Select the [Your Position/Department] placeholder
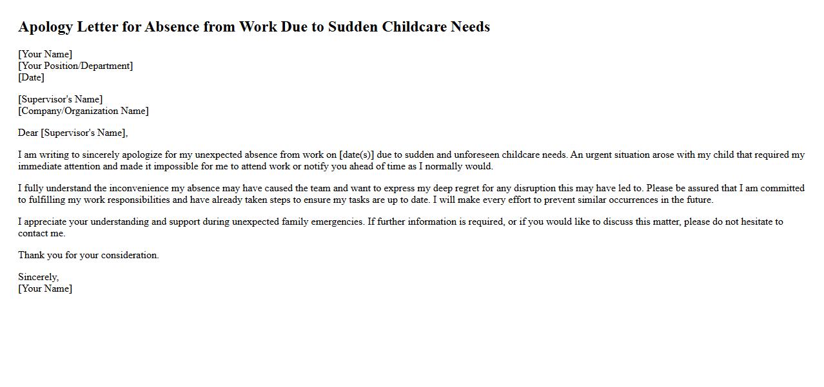[x=75, y=66]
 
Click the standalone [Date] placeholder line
[x=31, y=77]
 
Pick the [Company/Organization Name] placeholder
[x=83, y=111]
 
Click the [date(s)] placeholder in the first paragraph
[x=357, y=155]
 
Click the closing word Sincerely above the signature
[x=38, y=277]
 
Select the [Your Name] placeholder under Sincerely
[x=45, y=288]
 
